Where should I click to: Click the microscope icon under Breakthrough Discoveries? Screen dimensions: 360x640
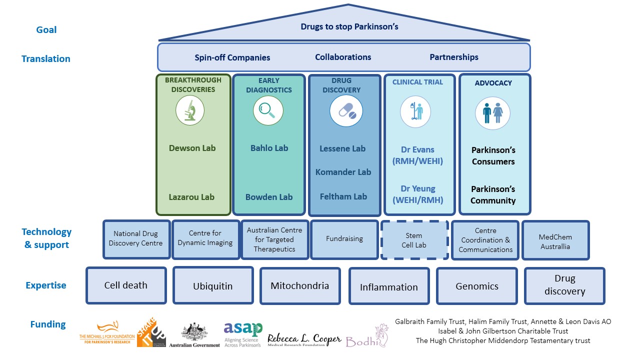[x=190, y=110]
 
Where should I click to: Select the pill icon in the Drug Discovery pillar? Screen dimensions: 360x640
[x=346, y=111]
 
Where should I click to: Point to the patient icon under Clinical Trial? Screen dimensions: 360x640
[x=415, y=111]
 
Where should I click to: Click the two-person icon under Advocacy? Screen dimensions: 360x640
[x=493, y=112]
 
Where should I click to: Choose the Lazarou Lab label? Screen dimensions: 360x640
[x=191, y=197]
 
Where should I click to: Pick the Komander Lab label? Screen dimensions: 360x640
[x=343, y=172]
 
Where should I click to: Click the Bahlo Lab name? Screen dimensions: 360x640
[x=269, y=148]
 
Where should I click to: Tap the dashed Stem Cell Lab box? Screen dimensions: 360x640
[x=414, y=240]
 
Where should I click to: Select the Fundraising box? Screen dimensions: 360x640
[x=344, y=239]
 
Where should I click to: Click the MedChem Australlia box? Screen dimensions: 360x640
[x=555, y=241]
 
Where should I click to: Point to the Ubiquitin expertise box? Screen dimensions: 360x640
[x=213, y=286]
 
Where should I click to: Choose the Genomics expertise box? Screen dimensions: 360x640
[x=477, y=286]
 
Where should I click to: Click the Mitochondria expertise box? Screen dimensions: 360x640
[x=300, y=286]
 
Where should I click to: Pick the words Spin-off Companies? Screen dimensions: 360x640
[x=232, y=57]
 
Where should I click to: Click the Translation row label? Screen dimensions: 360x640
[x=46, y=59]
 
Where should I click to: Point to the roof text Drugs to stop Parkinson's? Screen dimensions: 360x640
[x=349, y=26]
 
